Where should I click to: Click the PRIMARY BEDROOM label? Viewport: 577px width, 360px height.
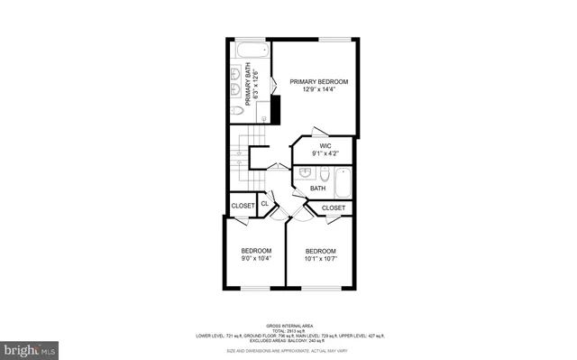(x=318, y=81)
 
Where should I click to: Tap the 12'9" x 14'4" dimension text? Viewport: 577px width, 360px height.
(x=318, y=89)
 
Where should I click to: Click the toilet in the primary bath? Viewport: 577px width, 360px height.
(x=235, y=110)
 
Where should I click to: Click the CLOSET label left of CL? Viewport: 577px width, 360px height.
(x=243, y=206)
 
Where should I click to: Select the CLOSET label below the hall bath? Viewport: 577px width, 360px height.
(x=334, y=208)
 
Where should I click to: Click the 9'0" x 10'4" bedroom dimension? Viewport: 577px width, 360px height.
(x=255, y=259)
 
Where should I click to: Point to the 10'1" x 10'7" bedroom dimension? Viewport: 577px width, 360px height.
(x=320, y=259)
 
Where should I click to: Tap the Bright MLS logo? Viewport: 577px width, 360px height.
(x=29, y=347)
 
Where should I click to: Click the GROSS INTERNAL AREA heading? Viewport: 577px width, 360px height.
(x=288, y=325)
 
